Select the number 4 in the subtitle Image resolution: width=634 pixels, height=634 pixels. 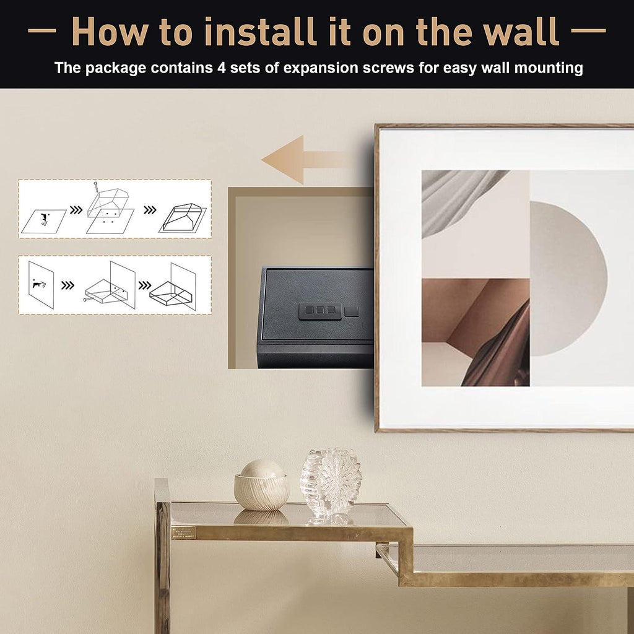tap(221, 67)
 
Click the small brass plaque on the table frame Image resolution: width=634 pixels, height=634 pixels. tap(183, 532)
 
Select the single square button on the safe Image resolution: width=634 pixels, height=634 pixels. tap(352, 311)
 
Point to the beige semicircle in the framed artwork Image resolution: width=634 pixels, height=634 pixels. tap(568, 279)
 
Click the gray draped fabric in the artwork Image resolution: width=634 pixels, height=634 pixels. tap(460, 199)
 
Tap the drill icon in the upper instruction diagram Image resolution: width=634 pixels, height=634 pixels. tap(44, 220)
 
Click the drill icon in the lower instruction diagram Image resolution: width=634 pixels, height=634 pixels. tap(38, 284)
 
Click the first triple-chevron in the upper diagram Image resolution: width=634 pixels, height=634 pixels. tap(76, 210)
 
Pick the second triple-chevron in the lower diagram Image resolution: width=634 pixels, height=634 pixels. tap(145, 285)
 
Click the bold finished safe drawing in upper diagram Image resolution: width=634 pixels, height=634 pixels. tap(183, 219)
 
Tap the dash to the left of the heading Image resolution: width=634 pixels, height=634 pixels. tap(42, 30)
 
